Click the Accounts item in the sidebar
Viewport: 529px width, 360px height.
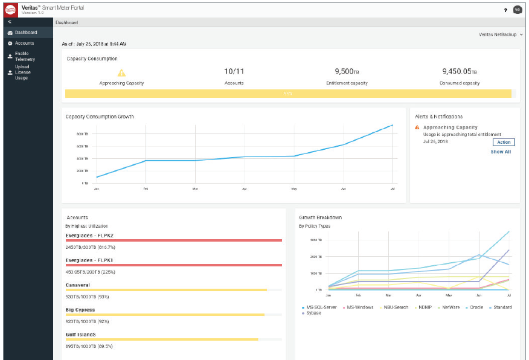pos(24,43)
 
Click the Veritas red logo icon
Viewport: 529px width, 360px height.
pos(10,10)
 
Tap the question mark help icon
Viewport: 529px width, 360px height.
pos(505,10)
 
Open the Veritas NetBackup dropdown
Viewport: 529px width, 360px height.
pos(501,35)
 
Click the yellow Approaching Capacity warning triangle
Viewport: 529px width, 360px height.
pos(121,72)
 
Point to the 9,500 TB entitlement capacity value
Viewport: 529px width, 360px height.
pos(347,71)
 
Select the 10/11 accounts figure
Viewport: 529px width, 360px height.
pos(234,71)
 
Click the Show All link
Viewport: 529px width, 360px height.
pos(501,152)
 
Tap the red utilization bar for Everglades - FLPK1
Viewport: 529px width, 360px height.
pos(174,265)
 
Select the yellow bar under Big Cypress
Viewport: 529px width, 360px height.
pos(165,315)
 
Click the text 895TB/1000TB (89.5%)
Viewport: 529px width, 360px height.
pos(89,346)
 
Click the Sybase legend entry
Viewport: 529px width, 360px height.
pos(313,313)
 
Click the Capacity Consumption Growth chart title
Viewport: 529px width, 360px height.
pos(100,117)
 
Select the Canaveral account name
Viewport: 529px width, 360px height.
pos(79,284)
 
